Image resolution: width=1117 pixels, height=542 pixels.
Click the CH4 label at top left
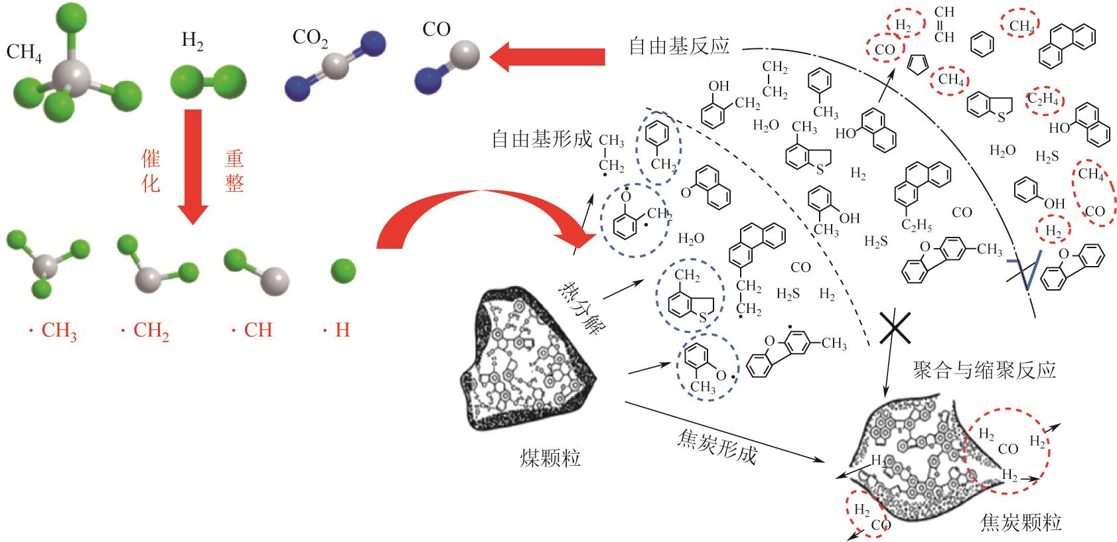pos(24,52)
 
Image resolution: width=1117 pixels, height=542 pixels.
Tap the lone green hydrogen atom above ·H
pos(343,270)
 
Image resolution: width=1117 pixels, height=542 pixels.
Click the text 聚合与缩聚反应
pos(983,370)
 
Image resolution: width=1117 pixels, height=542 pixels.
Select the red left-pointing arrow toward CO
pos(548,56)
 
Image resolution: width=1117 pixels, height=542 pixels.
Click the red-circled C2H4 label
pos(1045,101)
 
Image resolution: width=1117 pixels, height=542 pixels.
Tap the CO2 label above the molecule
pos(310,38)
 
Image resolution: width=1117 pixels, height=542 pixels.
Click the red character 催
pos(151,158)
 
